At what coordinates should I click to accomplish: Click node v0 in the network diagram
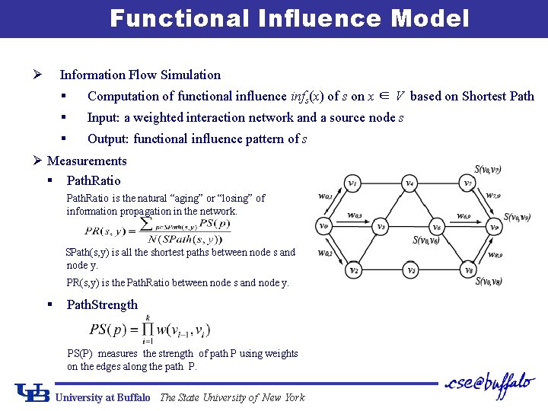click(x=323, y=226)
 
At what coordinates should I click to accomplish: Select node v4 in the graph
click(x=409, y=183)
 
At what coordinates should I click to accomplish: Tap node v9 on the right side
click(x=494, y=227)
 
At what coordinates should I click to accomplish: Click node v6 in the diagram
click(x=436, y=227)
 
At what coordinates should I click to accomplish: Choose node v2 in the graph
click(x=353, y=269)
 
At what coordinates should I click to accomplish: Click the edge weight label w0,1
click(x=325, y=197)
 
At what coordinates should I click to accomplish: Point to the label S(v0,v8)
click(x=487, y=282)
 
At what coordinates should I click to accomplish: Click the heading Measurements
click(x=87, y=161)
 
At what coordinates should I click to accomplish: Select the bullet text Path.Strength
click(x=102, y=304)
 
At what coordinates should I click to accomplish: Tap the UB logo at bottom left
click(x=33, y=393)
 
